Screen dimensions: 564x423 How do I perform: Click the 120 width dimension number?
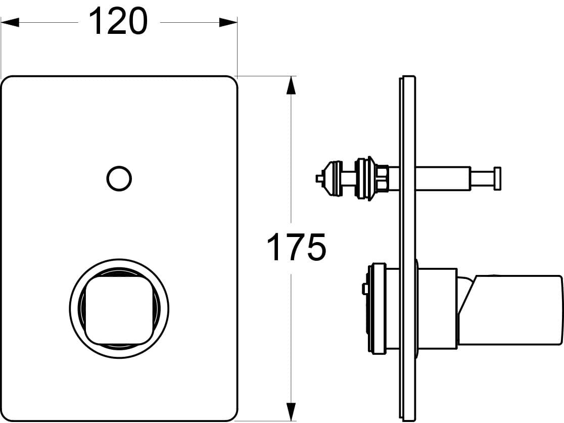(118, 22)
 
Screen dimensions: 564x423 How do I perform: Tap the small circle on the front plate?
(119, 178)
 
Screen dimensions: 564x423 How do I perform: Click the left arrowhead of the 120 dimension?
(10, 22)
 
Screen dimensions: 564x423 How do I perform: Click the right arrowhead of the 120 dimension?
(228, 22)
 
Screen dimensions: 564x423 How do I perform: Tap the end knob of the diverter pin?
(497, 178)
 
